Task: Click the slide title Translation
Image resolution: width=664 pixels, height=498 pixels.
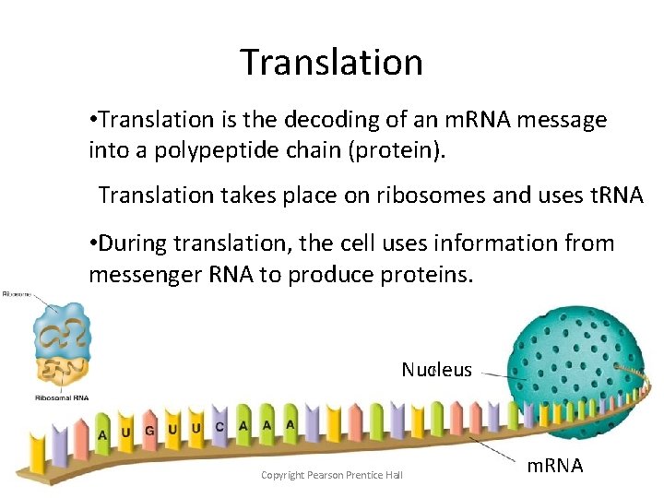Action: (331, 62)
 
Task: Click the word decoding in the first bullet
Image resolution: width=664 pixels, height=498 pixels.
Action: (326, 120)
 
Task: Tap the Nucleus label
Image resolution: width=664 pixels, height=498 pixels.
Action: (436, 371)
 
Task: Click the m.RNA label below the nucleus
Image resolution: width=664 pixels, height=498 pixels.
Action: (554, 466)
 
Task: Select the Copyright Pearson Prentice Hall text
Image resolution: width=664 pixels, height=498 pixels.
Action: (331, 475)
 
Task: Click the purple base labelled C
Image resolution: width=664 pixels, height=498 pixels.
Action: (219, 427)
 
